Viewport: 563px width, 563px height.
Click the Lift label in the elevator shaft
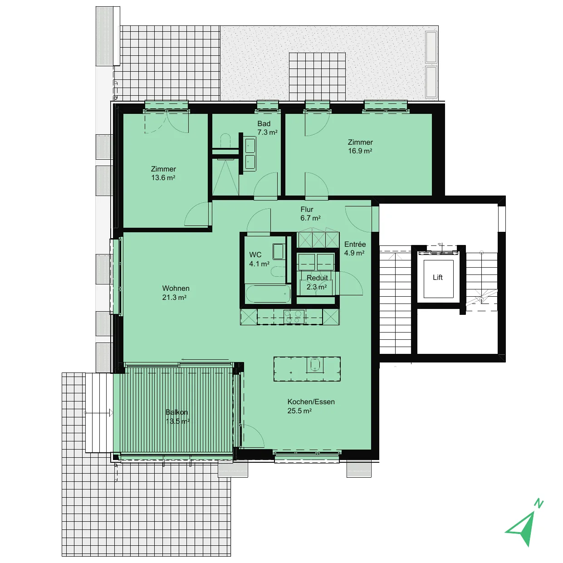pos(437,277)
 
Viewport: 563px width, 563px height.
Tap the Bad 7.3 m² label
pos(267,128)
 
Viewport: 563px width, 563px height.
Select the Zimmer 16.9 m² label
pos(360,147)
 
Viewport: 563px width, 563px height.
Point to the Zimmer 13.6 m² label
pos(163,173)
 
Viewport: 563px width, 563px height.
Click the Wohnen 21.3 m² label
pos(175,293)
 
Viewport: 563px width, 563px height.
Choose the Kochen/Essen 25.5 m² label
pos(311,406)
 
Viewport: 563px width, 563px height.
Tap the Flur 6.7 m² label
pos(310,214)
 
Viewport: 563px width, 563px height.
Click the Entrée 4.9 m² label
pos(355,248)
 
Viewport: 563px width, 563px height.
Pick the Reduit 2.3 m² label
pos(317,282)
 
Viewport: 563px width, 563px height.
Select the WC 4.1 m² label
pos(259,259)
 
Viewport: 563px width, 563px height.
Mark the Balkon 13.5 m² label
pos(177,416)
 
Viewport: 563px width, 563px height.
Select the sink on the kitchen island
pos(315,365)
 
